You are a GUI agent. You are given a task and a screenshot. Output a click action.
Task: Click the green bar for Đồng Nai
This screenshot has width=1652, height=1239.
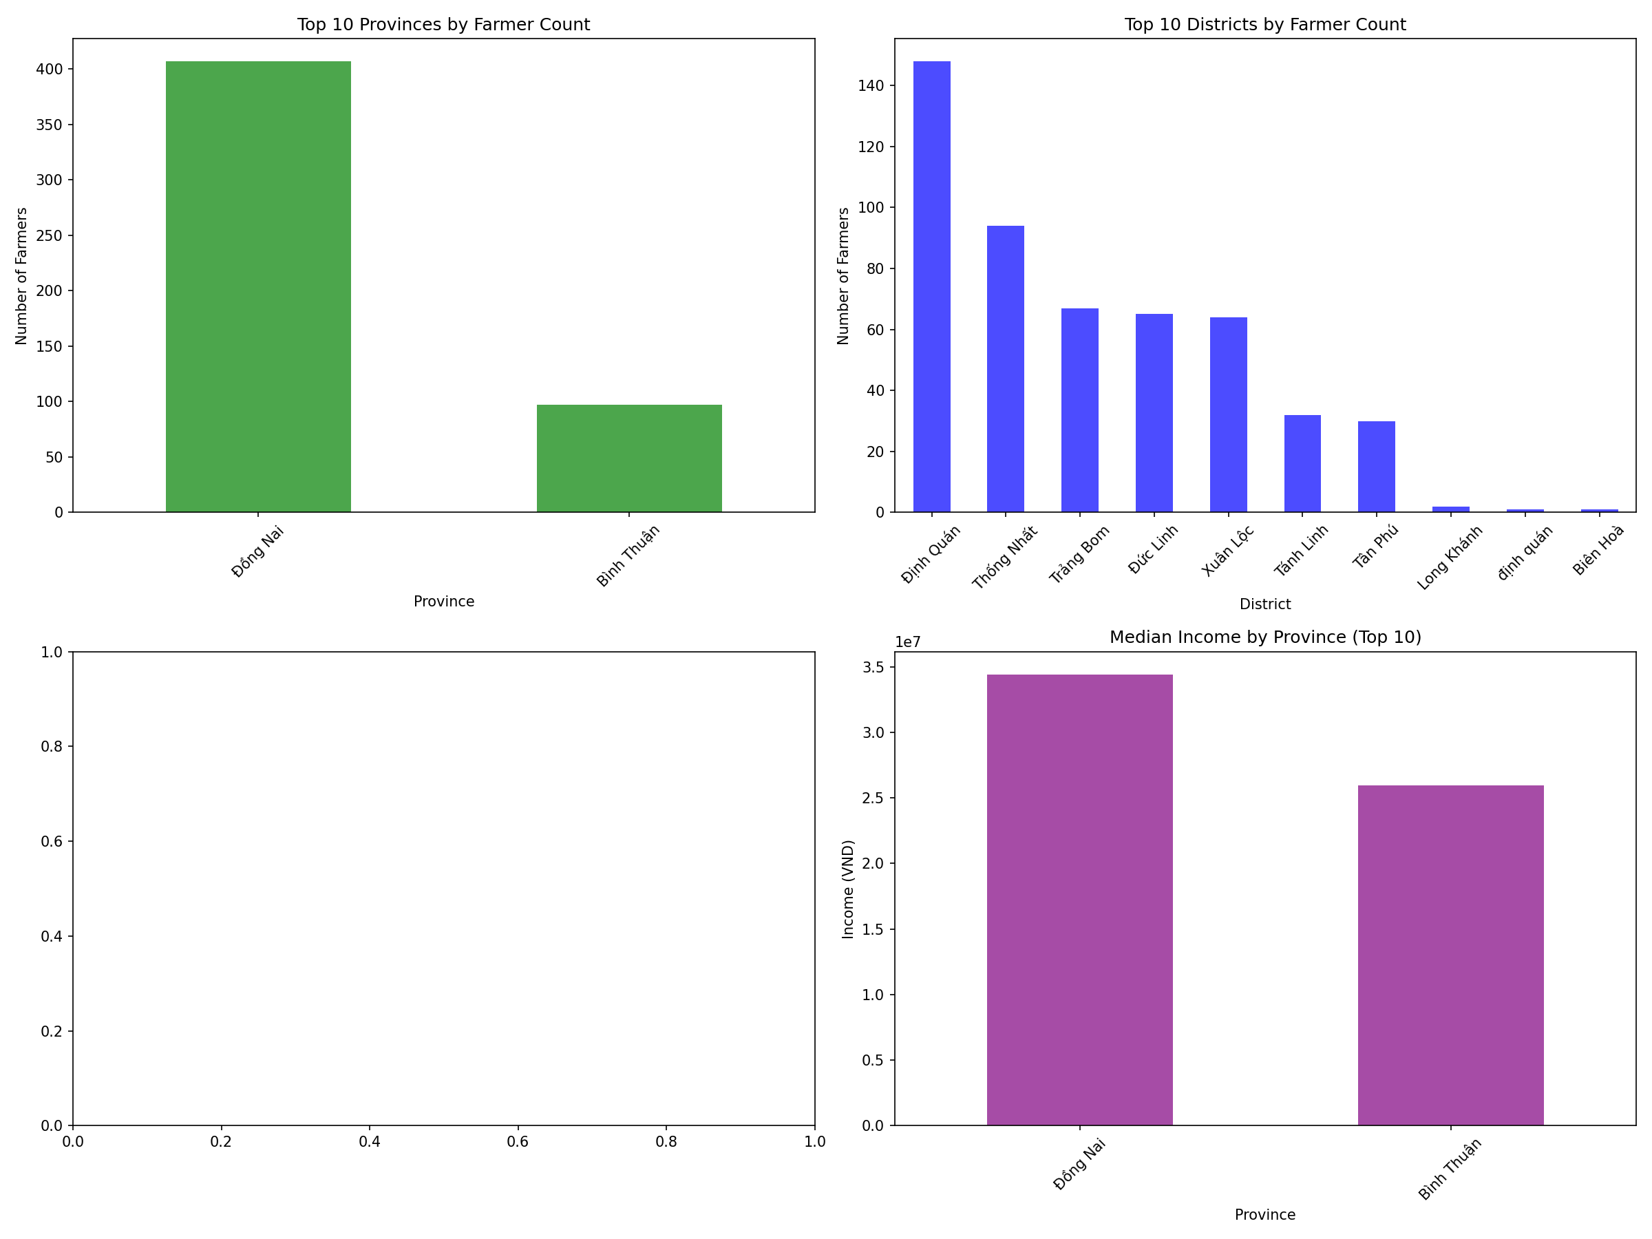coord(257,287)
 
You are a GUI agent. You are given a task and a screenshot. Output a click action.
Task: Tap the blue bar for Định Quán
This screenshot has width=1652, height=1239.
coord(931,287)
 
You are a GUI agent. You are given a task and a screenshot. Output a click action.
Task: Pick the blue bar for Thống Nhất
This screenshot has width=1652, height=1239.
coord(1005,369)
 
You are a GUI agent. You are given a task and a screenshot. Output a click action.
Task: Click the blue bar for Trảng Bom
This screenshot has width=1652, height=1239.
coord(1079,410)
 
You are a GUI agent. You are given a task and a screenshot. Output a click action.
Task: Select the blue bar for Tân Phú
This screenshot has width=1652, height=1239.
coord(1376,467)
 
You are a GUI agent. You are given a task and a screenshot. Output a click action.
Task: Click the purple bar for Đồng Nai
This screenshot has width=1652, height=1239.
coord(1079,900)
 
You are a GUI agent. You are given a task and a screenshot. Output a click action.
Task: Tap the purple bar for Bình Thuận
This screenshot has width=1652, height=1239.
coord(1450,955)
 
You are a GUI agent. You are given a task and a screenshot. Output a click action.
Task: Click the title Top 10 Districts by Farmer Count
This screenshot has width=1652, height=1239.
coord(1264,25)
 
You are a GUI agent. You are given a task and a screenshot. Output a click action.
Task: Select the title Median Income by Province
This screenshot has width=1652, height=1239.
coord(1264,637)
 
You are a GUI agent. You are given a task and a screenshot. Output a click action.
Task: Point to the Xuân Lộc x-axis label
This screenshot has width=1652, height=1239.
coord(1227,551)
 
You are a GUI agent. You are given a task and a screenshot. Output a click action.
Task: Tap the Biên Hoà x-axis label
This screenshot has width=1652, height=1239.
coord(1598,550)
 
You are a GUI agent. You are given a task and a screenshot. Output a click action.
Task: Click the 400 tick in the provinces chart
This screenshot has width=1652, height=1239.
coord(50,70)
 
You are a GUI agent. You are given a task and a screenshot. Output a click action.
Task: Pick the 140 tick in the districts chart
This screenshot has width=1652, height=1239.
coord(871,86)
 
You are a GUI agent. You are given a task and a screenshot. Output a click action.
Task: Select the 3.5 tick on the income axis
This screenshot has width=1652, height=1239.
coord(873,667)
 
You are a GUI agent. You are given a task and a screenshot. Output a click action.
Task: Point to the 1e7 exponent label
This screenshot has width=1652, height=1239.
coord(907,642)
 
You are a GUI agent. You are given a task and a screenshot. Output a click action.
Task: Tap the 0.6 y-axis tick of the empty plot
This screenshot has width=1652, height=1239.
coord(52,842)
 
